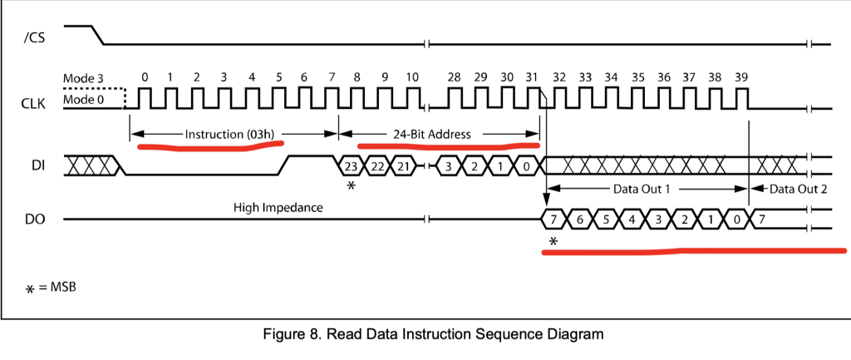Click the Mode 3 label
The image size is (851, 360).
point(84,78)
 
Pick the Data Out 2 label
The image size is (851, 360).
point(798,189)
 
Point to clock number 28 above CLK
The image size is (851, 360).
point(454,77)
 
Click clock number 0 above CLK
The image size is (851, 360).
point(145,77)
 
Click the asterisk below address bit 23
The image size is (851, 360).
point(351,187)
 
